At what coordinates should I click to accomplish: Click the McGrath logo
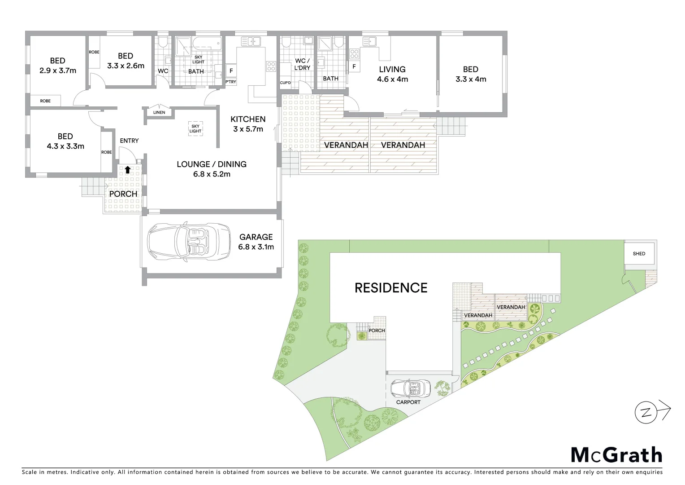point(616,455)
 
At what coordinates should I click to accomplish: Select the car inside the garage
point(189,242)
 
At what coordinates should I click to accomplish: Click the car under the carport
point(411,388)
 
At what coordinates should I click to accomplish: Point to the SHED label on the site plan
point(639,254)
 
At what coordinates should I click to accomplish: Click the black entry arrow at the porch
point(128,170)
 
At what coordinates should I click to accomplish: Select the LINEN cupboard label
point(159,112)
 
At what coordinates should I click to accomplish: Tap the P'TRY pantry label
point(230,82)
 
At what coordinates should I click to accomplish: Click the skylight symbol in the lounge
point(195,129)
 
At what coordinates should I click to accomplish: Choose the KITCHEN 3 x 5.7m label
point(248,124)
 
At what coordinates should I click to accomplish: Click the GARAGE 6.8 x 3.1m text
point(256,242)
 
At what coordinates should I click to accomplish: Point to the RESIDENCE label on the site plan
point(391,288)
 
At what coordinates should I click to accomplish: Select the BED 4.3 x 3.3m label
point(65,141)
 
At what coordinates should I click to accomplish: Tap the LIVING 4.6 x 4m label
point(392,74)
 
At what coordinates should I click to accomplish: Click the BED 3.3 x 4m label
point(471,74)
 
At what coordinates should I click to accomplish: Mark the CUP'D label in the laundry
point(286,83)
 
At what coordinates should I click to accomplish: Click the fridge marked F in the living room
point(354,66)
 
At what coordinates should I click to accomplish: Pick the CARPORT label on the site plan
point(408,402)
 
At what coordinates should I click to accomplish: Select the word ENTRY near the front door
point(129,141)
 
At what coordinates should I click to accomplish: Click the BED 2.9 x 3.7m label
point(57,66)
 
